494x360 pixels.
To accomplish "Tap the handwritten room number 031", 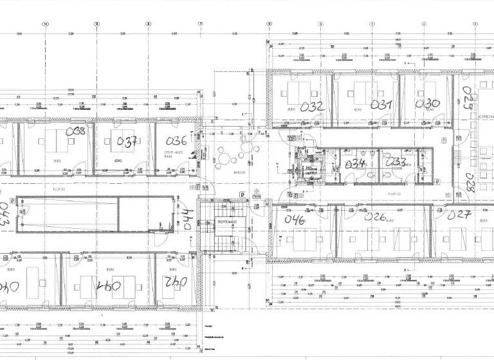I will [x=381, y=105].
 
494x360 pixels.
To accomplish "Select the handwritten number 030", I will [x=428, y=104].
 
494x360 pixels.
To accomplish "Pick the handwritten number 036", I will [x=176, y=141].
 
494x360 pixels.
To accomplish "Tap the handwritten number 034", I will [x=355, y=164].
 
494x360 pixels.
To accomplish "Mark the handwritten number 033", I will [x=395, y=163].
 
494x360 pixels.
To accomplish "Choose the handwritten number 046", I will [x=294, y=219].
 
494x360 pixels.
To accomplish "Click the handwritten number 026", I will [x=375, y=217].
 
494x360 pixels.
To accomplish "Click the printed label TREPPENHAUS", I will [x=228, y=221].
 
